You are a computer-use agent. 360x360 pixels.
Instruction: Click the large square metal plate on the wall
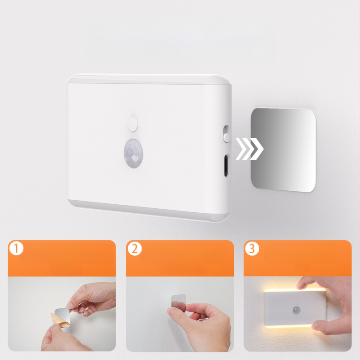(283, 149)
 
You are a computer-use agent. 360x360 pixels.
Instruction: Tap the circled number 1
(17, 249)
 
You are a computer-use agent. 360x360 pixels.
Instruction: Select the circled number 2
(134, 249)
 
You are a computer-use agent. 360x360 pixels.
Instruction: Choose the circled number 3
(252, 249)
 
